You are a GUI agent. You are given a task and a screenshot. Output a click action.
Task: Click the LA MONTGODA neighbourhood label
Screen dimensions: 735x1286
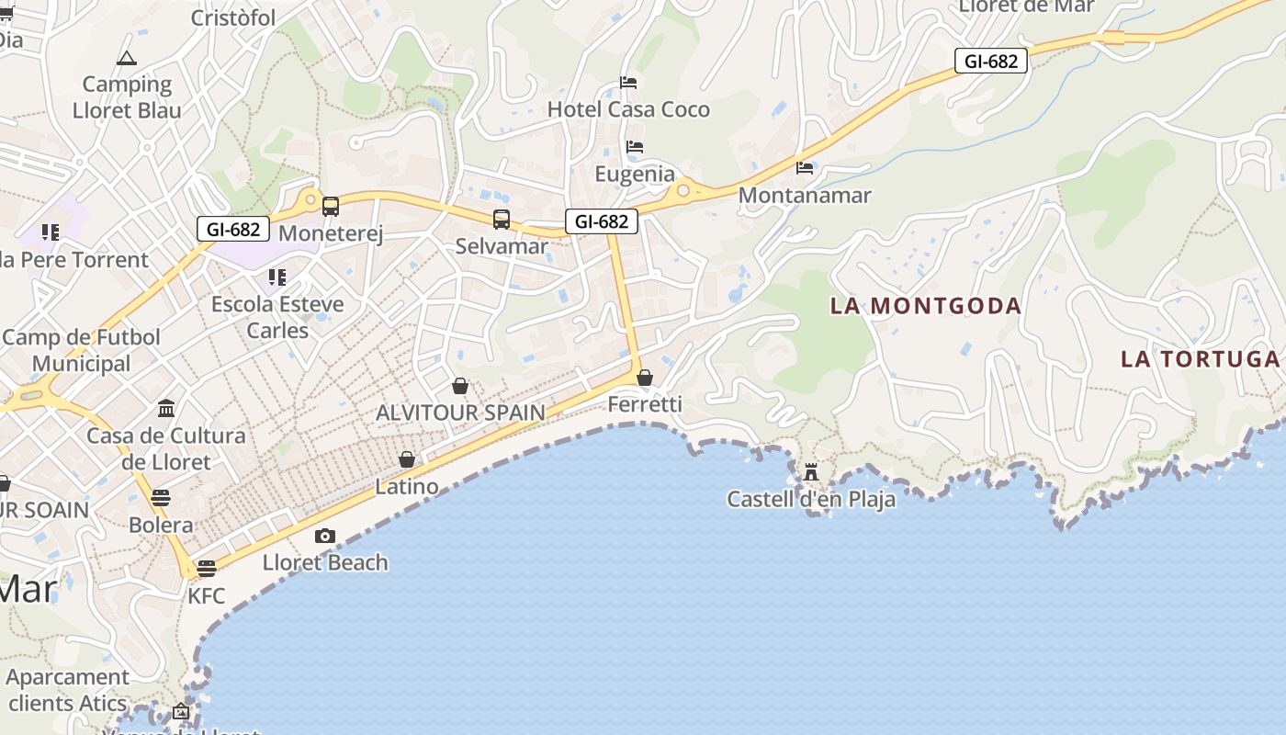(925, 306)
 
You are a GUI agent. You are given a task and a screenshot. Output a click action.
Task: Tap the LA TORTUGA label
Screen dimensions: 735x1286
(1200, 358)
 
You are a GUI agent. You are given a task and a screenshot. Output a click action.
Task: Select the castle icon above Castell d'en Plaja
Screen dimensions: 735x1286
(811, 472)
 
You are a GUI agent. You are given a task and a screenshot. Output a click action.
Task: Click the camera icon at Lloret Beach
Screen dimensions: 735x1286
(324, 536)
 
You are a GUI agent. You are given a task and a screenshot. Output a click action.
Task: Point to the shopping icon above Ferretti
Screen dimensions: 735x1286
(645, 378)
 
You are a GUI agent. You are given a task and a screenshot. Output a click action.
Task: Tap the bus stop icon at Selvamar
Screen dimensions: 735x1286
(501, 220)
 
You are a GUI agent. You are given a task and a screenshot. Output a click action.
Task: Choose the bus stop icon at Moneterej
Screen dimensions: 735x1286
(330, 207)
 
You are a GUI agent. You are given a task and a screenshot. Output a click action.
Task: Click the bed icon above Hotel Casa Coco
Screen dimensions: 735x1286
(628, 83)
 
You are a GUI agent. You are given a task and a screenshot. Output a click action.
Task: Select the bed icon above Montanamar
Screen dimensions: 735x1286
(805, 168)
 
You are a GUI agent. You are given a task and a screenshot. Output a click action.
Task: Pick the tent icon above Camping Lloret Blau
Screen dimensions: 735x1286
(127, 59)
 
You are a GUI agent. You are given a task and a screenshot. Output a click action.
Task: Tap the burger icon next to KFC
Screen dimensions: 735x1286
(207, 568)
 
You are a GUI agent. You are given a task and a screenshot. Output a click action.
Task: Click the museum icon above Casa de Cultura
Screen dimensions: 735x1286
(166, 408)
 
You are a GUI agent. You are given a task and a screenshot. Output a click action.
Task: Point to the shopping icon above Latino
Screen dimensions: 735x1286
(407, 459)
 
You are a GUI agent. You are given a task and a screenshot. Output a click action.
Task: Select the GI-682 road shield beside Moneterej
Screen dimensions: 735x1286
(233, 229)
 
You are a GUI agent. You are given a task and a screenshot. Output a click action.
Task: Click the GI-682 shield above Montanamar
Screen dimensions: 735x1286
(990, 61)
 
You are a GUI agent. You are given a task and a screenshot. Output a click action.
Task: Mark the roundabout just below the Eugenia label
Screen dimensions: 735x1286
(682, 191)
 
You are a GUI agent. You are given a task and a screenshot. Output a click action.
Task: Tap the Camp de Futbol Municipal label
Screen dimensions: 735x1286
(81, 350)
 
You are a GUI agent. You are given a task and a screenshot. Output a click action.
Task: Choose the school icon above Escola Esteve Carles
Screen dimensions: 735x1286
(276, 277)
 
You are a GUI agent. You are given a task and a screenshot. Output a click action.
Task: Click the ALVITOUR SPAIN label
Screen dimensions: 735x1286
(460, 413)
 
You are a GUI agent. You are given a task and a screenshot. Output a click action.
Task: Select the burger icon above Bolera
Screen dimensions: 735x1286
(161, 498)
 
